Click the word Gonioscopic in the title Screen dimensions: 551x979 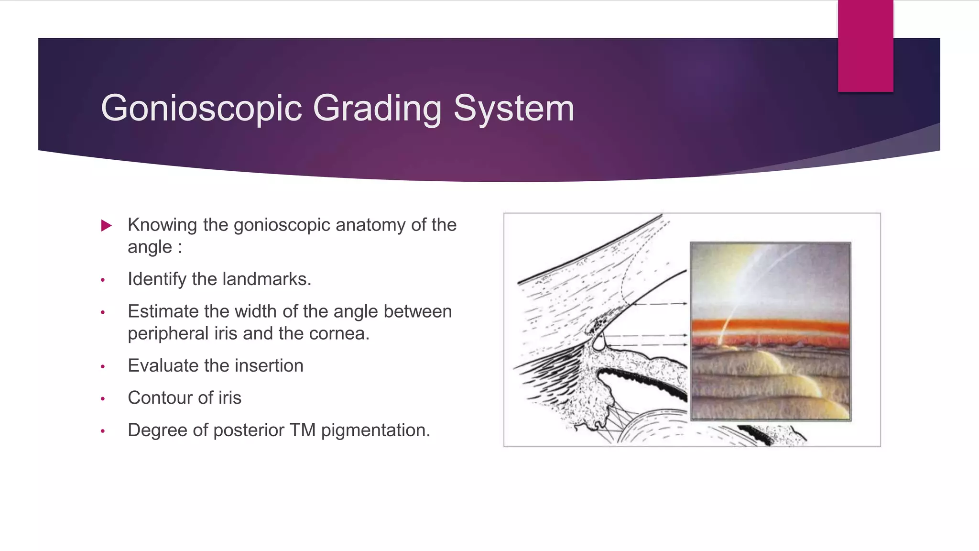pyautogui.click(x=201, y=109)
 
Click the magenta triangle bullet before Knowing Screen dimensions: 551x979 pyautogui.click(x=107, y=225)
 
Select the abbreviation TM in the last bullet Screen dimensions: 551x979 pyautogui.click(x=302, y=430)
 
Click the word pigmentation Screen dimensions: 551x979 pyautogui.click(x=375, y=430)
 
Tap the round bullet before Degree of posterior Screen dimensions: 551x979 pyautogui.click(x=103, y=431)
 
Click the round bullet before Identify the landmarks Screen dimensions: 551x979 pyautogui.click(x=103, y=280)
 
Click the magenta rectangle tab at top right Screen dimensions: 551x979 pyautogui.click(x=865, y=46)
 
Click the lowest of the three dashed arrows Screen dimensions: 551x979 pyautogui.click(x=645, y=345)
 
